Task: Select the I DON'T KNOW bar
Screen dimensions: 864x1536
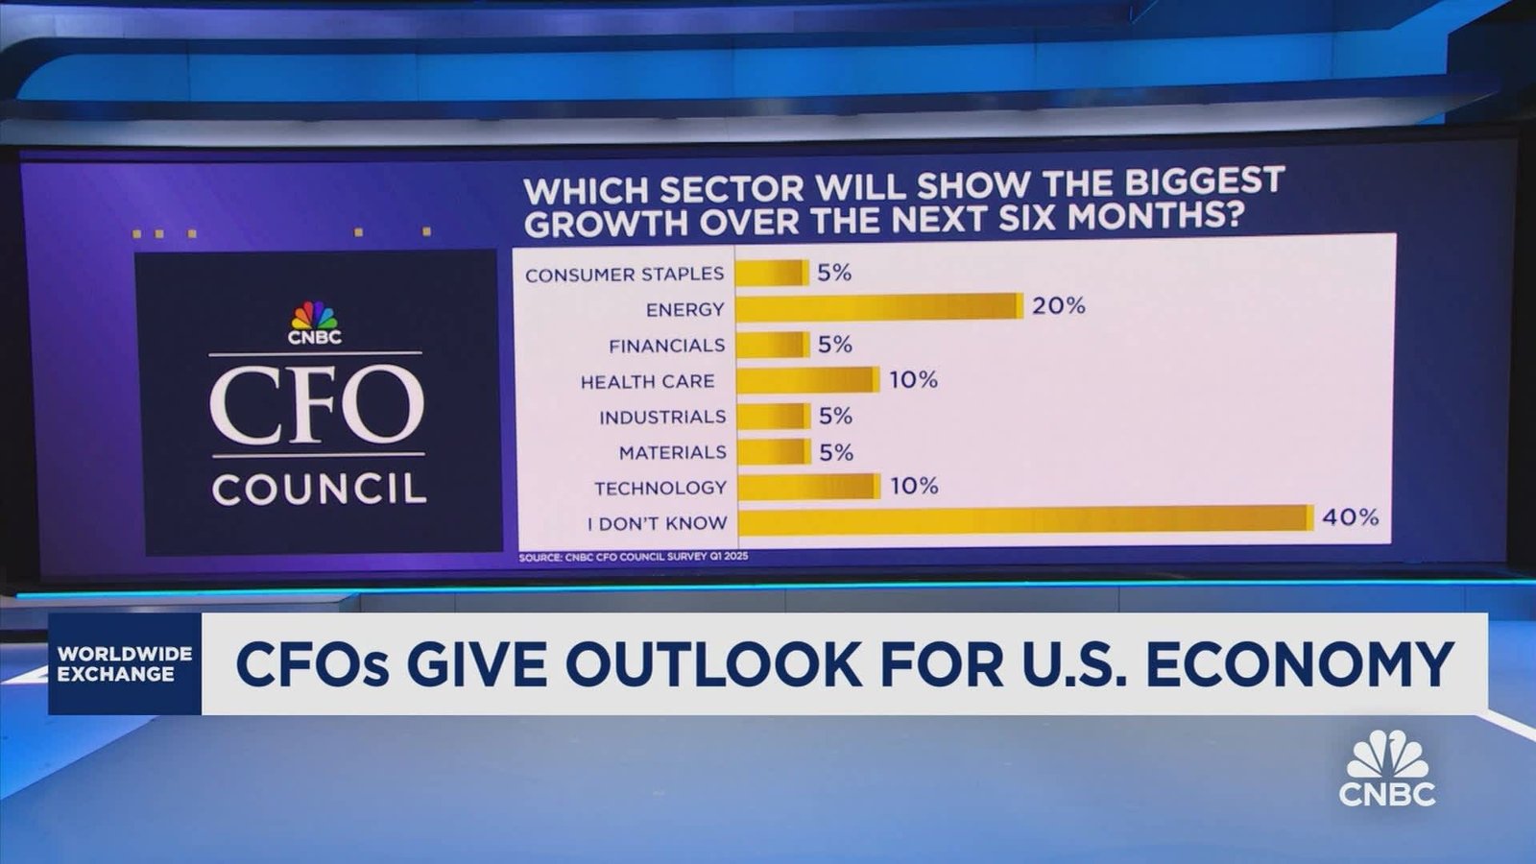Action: (1025, 519)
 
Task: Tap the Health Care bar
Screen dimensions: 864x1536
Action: (807, 380)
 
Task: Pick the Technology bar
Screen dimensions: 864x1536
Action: (808, 487)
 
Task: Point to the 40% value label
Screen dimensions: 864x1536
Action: (1350, 517)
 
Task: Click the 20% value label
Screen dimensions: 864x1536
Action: (1058, 306)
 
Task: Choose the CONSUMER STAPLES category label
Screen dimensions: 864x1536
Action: (624, 275)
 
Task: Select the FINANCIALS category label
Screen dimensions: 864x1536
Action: (666, 346)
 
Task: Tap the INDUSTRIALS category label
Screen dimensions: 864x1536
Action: (662, 417)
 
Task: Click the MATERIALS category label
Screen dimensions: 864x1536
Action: (672, 452)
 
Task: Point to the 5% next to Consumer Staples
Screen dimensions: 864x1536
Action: (834, 273)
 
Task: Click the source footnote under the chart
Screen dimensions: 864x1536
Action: (633, 557)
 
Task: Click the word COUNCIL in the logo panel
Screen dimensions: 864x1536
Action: (319, 490)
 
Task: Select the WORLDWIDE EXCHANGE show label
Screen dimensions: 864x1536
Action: (124, 663)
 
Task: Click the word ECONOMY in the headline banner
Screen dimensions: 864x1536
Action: (1300, 663)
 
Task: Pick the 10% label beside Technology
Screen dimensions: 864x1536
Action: (913, 486)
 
